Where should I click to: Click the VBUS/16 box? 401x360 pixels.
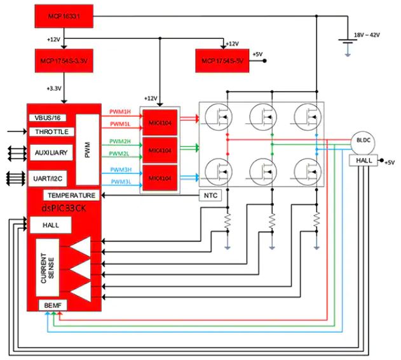(x=49, y=118)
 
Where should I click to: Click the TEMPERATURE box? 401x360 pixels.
(x=71, y=196)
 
